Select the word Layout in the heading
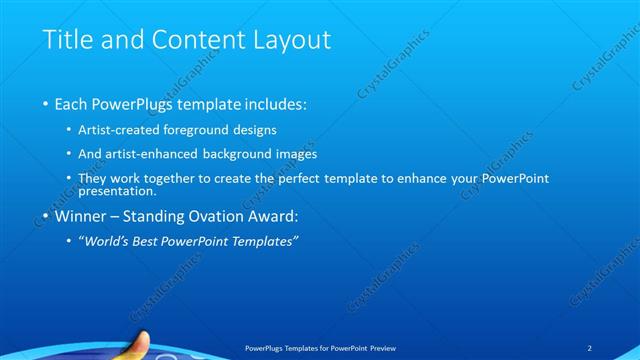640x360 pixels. (x=293, y=41)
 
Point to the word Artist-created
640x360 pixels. (x=118, y=130)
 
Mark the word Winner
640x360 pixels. (x=80, y=216)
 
